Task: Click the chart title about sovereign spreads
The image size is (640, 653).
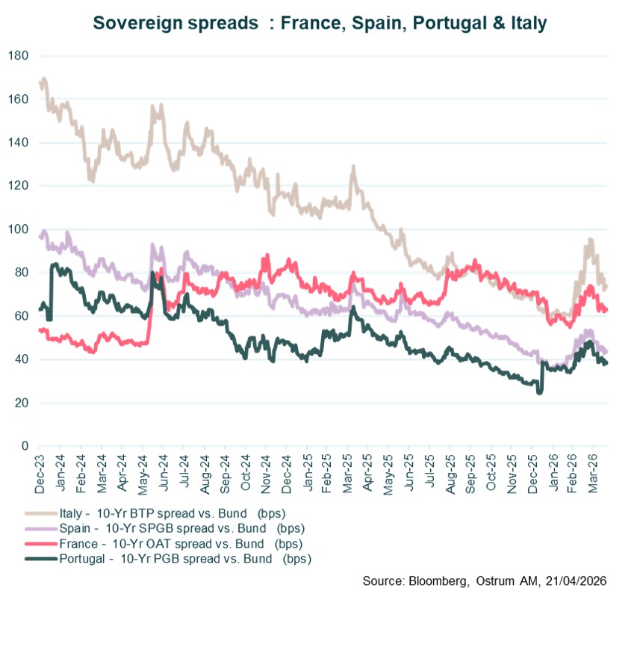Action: (320, 23)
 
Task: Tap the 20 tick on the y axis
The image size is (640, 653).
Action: (20, 403)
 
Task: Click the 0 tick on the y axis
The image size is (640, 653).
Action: (23, 446)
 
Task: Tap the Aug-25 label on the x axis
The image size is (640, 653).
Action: (450, 472)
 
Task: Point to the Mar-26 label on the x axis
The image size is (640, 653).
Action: (594, 472)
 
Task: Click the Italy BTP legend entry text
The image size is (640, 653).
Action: (166, 513)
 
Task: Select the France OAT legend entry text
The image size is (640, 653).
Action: (172, 543)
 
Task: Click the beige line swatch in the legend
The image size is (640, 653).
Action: (40, 513)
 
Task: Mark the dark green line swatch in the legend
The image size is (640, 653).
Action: (40, 558)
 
